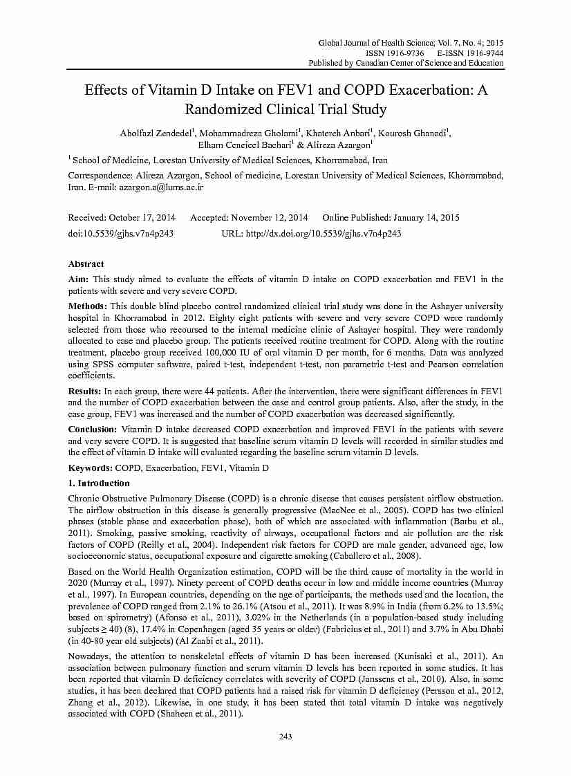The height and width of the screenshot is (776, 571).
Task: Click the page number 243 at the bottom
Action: point(285,735)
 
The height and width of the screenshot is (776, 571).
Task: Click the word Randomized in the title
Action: point(225,109)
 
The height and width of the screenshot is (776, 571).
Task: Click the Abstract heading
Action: point(86,264)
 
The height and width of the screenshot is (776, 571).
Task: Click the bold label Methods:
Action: point(87,306)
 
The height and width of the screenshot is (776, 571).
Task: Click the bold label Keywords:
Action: point(90,468)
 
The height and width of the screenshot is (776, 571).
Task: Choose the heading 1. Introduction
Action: point(99,483)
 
